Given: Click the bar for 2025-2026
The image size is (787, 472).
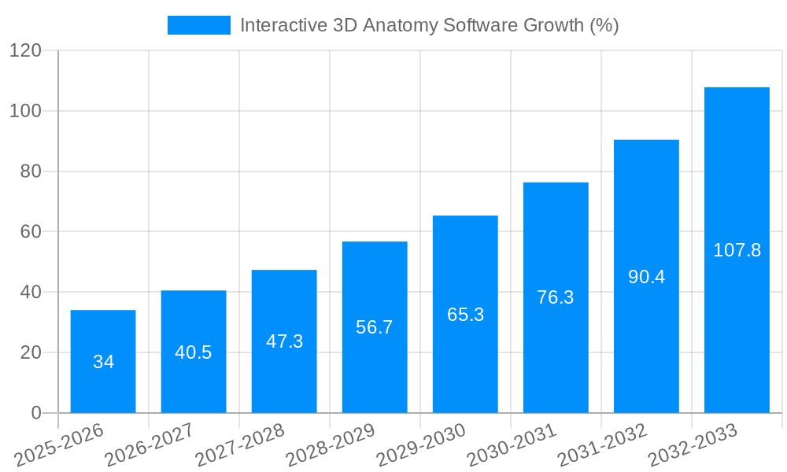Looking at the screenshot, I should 103,361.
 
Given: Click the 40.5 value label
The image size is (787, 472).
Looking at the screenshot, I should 194,352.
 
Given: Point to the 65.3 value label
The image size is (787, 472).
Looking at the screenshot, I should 465,315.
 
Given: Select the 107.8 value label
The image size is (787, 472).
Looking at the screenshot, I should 737,250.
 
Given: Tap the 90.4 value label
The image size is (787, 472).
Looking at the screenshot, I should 646,277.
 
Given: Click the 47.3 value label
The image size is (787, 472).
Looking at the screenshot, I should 284,341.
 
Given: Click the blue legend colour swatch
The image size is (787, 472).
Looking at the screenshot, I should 199,25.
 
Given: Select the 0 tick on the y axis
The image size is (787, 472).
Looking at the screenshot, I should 36,413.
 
